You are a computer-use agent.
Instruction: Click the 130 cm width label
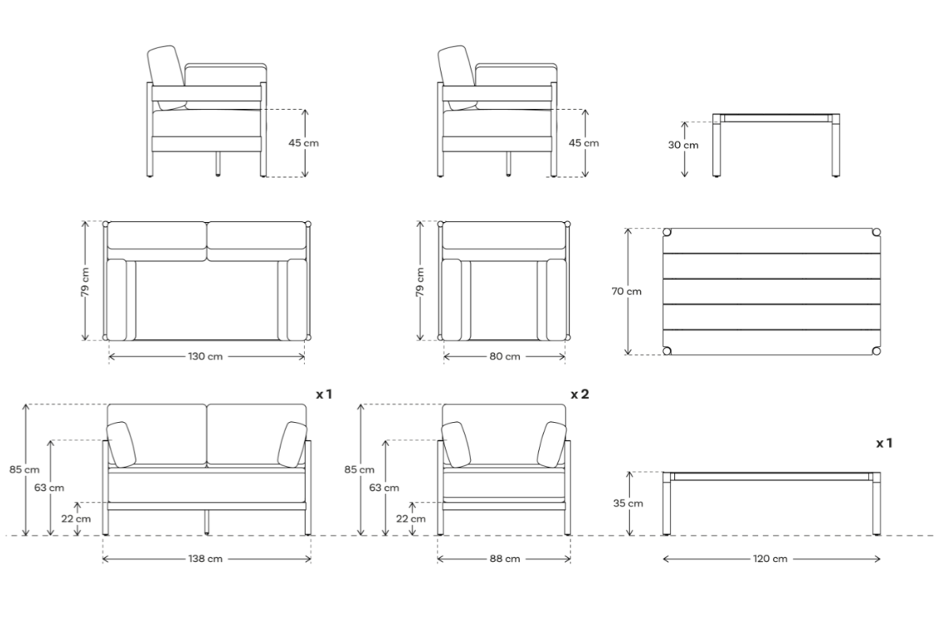coord(206,356)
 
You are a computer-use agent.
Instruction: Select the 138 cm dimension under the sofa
coord(206,559)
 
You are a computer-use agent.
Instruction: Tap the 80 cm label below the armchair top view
coord(504,356)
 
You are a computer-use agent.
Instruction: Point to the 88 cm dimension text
coord(504,559)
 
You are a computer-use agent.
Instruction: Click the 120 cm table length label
coord(771,559)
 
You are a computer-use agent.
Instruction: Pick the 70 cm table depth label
coord(626,292)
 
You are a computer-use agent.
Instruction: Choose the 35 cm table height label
coord(628,503)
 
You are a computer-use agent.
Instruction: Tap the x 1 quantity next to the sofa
coord(323,393)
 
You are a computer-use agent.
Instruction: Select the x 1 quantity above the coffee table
coord(884,443)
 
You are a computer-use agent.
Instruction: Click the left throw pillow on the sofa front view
coord(121,444)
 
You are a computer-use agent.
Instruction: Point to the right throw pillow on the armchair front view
coord(552,444)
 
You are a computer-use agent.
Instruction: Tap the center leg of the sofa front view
coord(207,522)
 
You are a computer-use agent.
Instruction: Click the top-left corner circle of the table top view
coord(667,234)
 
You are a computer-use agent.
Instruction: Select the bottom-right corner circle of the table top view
coord(876,350)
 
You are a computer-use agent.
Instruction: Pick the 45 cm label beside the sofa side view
coord(304,143)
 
